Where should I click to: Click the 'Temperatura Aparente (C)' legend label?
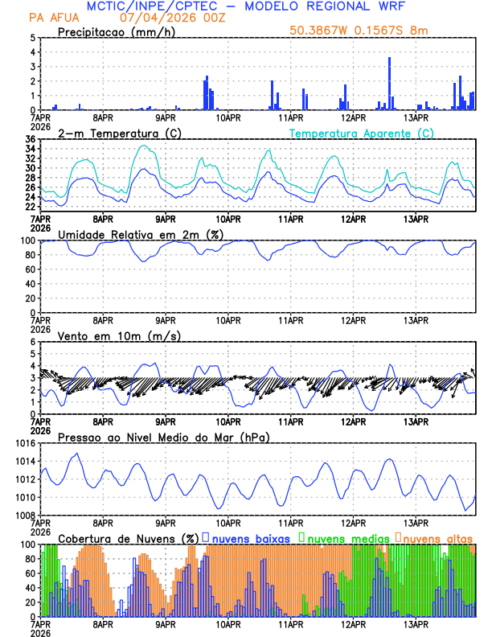click(362, 133)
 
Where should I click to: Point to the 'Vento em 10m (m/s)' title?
click(119, 335)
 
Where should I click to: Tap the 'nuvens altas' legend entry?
click(438, 537)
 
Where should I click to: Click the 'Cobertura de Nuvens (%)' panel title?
click(129, 537)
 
